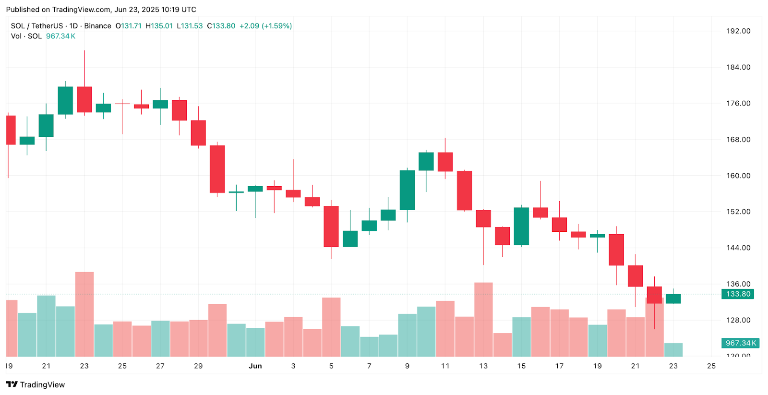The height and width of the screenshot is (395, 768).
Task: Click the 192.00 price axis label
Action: click(x=738, y=31)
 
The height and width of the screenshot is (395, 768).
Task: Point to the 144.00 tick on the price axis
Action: click(x=738, y=248)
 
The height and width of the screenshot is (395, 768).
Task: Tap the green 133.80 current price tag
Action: click(x=738, y=294)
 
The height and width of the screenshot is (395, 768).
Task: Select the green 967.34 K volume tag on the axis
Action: click(x=740, y=343)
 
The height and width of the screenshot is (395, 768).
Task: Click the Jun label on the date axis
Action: click(x=255, y=366)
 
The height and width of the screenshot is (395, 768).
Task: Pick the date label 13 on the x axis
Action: click(x=483, y=366)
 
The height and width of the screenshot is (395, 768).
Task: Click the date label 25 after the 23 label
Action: click(x=711, y=366)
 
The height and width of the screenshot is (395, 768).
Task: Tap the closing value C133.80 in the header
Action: click(x=221, y=26)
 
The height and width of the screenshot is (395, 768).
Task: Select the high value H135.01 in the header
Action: click(x=159, y=26)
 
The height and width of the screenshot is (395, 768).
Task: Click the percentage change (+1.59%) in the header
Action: click(x=276, y=26)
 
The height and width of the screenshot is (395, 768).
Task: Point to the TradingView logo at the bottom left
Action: click(x=36, y=384)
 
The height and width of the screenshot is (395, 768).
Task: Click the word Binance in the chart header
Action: click(x=97, y=26)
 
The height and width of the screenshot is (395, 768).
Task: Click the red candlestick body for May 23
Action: click(x=84, y=99)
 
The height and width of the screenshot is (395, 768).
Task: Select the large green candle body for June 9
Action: click(x=408, y=190)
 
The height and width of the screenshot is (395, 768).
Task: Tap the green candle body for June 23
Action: click(x=673, y=299)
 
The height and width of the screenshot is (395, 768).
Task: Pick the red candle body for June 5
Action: click(x=331, y=226)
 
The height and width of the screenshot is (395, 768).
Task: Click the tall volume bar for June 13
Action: click(x=483, y=319)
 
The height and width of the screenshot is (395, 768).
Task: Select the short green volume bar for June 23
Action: click(x=673, y=350)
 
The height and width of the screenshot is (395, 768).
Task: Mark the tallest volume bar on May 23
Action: click(x=84, y=314)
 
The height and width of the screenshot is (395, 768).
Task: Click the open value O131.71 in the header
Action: click(x=128, y=26)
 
